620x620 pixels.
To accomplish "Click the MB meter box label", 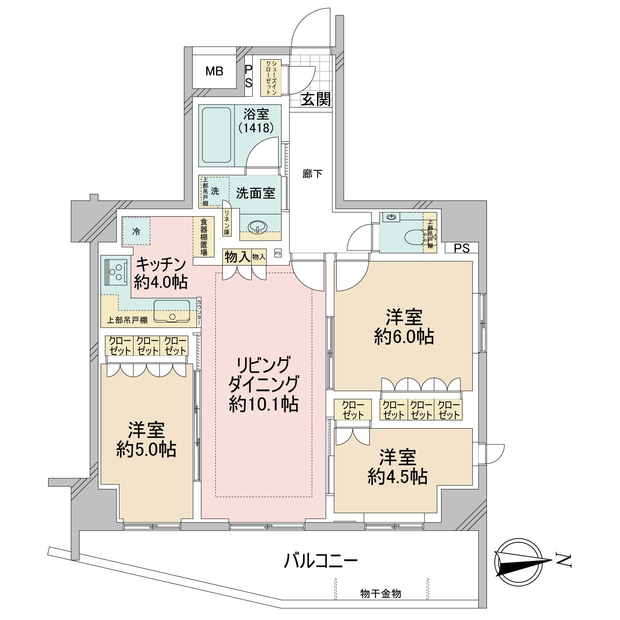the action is [215, 72].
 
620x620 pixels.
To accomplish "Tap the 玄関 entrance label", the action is [316, 99].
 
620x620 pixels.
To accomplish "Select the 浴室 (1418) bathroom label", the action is [256, 121].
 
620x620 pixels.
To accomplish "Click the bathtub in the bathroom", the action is [217, 135].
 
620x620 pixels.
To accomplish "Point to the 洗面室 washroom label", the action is [255, 193].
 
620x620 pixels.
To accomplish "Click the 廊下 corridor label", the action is [312, 174].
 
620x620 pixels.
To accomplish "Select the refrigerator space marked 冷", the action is [136, 231].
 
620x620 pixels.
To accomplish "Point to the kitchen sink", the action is [172, 311].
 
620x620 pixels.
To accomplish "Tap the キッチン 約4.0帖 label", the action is [161, 273].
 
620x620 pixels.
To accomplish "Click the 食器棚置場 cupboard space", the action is [204, 237].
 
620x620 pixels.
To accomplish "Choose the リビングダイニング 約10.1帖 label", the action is [263, 384].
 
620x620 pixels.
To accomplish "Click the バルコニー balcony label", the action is [321, 561].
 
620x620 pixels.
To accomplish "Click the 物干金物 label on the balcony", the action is [381, 594].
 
